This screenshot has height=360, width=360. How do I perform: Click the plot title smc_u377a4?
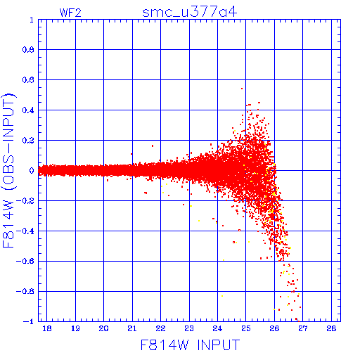(x=190, y=12)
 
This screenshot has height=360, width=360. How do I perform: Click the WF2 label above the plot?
(x=70, y=13)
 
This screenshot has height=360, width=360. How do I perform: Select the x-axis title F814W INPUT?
(x=190, y=345)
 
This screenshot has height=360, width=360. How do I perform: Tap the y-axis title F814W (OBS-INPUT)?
(x=8, y=170)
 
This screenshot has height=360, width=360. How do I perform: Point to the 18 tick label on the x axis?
(x=47, y=328)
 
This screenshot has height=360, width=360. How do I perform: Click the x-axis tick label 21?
(x=132, y=328)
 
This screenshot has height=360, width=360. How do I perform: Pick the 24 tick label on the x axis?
(x=217, y=328)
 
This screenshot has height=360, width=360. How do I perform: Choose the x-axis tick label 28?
(x=331, y=328)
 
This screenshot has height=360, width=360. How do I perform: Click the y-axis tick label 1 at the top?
(x=32, y=20)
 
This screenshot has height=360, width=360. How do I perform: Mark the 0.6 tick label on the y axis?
(x=28, y=80)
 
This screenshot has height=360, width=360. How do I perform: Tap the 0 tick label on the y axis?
(x=32, y=170)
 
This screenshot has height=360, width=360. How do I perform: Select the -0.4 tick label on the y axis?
(x=25, y=231)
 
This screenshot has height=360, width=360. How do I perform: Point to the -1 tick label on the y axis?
(x=29, y=321)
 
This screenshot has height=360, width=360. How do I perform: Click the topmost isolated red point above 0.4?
(x=242, y=89)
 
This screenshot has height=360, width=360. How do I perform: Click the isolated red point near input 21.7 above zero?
(x=153, y=146)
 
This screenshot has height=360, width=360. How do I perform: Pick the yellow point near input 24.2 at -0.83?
(x=222, y=296)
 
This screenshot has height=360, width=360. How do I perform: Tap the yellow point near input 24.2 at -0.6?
(x=224, y=260)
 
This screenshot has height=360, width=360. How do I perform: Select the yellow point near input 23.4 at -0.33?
(x=199, y=221)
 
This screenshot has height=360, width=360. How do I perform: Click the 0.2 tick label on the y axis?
(x=28, y=141)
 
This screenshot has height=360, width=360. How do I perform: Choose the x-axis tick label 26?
(x=274, y=328)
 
